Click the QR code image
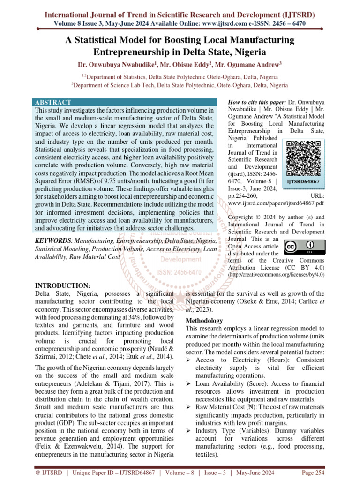coord(303,157)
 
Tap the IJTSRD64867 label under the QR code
coord(303,181)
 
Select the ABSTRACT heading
coord(53,102)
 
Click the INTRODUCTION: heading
coord(63,285)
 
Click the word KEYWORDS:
coord(54,240)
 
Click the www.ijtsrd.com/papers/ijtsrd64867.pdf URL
coord(269,204)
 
